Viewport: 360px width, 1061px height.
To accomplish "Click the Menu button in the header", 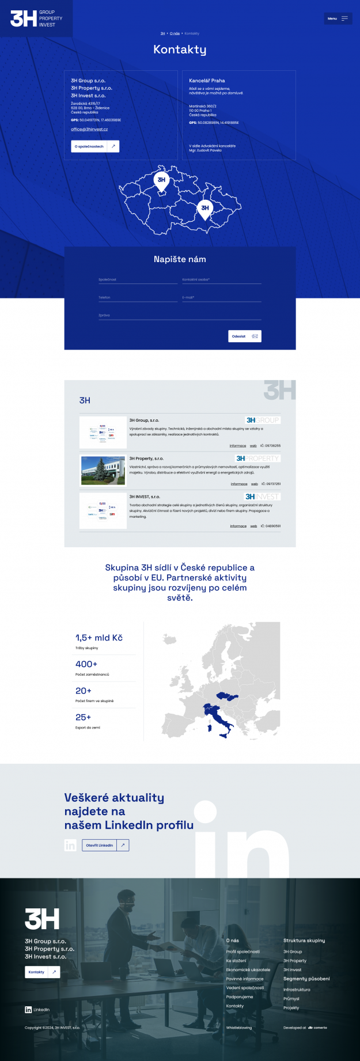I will [x=338, y=18].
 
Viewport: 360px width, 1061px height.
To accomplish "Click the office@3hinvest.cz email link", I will [x=89, y=130].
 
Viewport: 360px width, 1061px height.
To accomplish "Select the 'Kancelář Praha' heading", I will [x=207, y=81].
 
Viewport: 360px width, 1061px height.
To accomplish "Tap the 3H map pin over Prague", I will [x=161, y=180].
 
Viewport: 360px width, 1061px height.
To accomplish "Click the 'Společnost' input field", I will [x=138, y=280].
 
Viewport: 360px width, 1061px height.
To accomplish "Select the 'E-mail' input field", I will [x=221, y=298].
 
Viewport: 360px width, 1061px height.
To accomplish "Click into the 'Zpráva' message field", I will [x=180, y=316].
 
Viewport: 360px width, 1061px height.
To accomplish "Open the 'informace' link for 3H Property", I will [x=239, y=484].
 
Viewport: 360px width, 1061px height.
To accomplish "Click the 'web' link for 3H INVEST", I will [x=253, y=526].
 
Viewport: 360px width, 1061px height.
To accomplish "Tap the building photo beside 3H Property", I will [x=103, y=471].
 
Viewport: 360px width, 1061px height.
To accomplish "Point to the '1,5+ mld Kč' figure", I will [x=99, y=638].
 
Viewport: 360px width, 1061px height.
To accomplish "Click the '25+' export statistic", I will [x=84, y=717].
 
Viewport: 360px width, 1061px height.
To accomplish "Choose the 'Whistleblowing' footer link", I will [x=239, y=1028].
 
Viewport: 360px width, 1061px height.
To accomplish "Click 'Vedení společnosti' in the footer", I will [x=245, y=988].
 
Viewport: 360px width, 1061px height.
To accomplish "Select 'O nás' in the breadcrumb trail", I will [x=175, y=33].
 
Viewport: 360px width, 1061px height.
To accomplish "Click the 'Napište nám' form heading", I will [x=180, y=259].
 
